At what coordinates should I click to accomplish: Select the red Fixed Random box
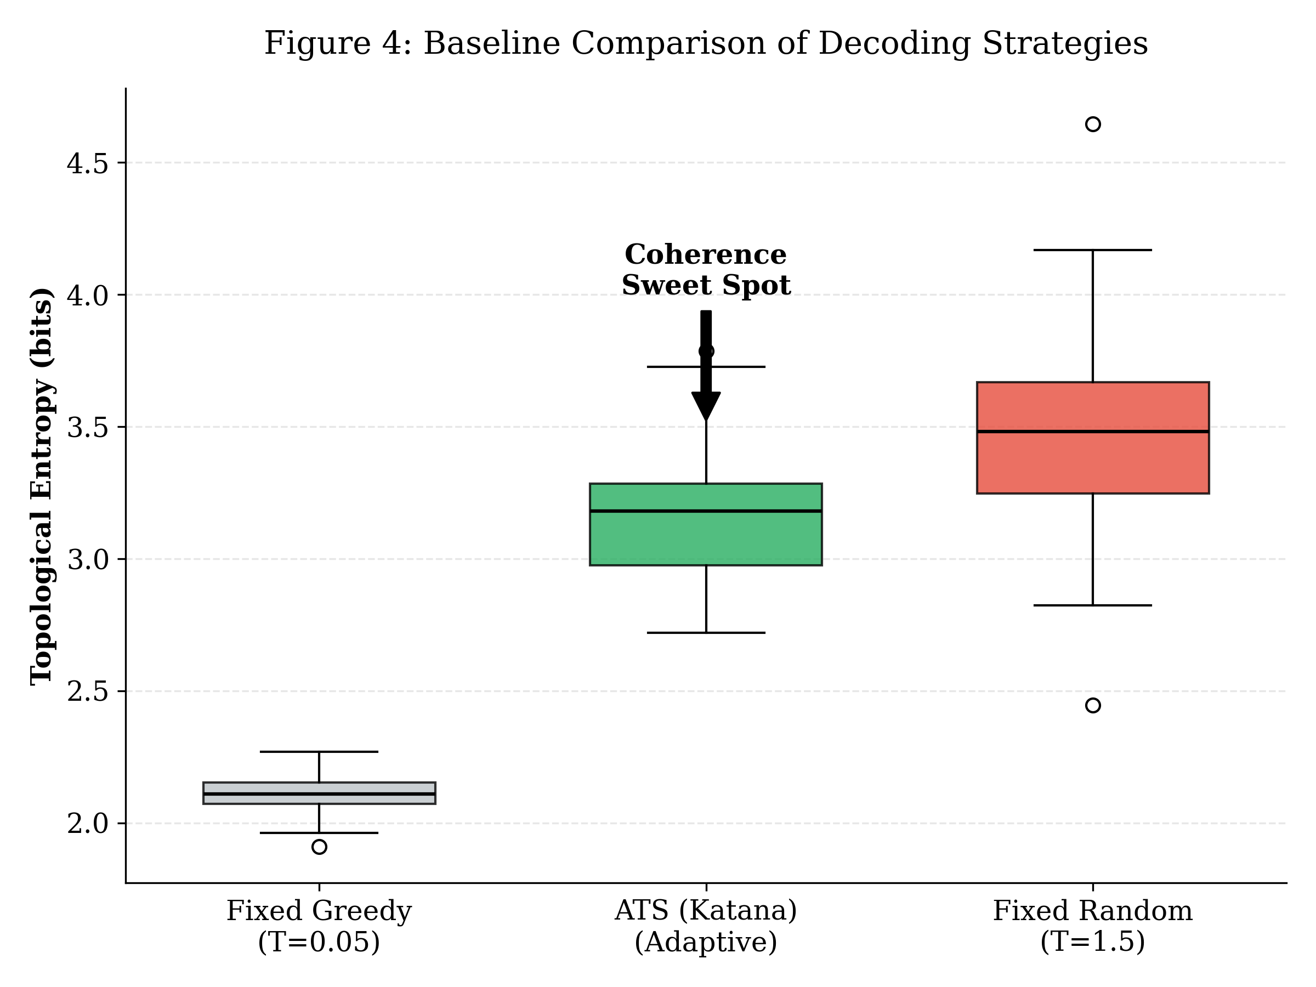coord(1092,464)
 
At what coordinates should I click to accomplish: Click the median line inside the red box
coord(1092,432)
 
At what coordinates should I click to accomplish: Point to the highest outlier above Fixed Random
coord(1092,124)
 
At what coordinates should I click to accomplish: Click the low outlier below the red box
coord(1092,706)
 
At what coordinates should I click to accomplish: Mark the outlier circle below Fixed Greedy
coord(319,847)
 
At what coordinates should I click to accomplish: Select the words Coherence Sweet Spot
coord(706,270)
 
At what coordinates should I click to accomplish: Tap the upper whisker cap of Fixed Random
coord(1092,250)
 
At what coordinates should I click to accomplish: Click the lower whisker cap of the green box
coord(706,632)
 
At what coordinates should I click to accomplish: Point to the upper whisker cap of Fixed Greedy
coord(319,752)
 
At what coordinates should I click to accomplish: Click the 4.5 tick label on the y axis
coord(87,163)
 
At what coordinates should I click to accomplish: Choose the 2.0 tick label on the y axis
coord(87,824)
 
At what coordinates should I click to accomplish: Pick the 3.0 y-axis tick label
coord(87,560)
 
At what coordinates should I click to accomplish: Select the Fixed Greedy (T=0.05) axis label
coord(319,926)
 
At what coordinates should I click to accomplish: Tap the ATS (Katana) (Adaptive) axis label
coord(706,926)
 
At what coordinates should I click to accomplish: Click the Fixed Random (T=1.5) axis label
coord(1092,926)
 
